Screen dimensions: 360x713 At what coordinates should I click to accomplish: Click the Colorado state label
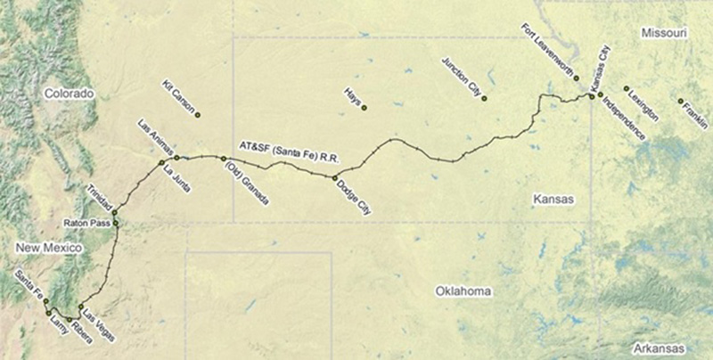pyautogui.click(x=70, y=93)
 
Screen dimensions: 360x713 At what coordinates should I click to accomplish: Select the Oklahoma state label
pyautogui.click(x=463, y=291)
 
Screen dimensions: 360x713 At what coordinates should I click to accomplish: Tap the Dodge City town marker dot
pyautogui.click(x=335, y=178)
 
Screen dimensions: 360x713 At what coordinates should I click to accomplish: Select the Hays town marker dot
pyautogui.click(x=364, y=109)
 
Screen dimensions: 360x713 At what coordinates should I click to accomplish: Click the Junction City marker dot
pyautogui.click(x=484, y=98)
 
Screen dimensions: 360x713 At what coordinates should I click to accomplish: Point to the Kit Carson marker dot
pyautogui.click(x=198, y=115)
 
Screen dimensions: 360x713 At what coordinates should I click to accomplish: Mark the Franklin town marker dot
pyautogui.click(x=680, y=101)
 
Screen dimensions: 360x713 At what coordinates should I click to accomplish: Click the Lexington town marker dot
pyautogui.click(x=627, y=88)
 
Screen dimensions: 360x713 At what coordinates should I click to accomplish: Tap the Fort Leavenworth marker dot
pyautogui.click(x=577, y=79)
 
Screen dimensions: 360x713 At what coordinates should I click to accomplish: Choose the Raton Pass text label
pyautogui.click(x=86, y=221)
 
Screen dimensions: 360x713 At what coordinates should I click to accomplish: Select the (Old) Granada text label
pyautogui.click(x=242, y=180)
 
